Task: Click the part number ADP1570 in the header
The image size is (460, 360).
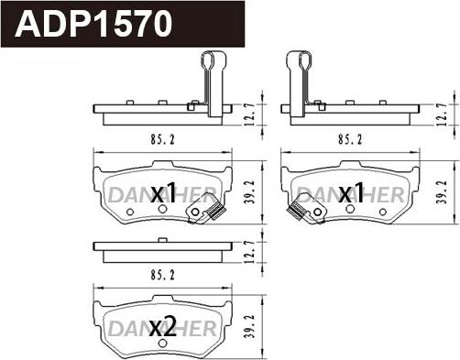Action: click(x=93, y=24)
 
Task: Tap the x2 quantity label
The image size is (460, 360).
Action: click(x=163, y=326)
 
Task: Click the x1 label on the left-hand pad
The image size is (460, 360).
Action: click(x=164, y=193)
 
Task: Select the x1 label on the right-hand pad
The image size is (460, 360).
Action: click(x=352, y=193)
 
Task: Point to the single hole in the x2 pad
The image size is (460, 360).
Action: click(x=163, y=343)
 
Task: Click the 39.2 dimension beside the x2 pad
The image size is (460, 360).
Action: click(x=250, y=326)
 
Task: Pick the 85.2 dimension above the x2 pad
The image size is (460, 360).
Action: click(x=162, y=276)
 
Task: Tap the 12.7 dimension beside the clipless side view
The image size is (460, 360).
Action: click(x=250, y=252)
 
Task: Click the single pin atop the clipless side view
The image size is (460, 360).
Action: click(x=163, y=240)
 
